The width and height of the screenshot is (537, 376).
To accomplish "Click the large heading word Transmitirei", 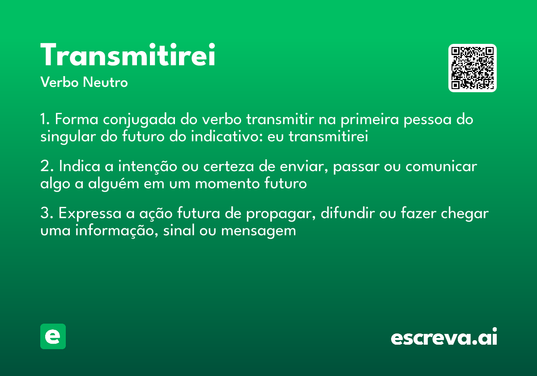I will point(128,56).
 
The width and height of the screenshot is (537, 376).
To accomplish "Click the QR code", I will point(472,68).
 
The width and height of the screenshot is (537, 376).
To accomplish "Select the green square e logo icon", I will point(53,336).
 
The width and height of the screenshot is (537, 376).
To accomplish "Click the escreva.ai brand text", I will point(444,338).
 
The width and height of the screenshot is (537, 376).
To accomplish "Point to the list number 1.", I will point(44,120).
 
